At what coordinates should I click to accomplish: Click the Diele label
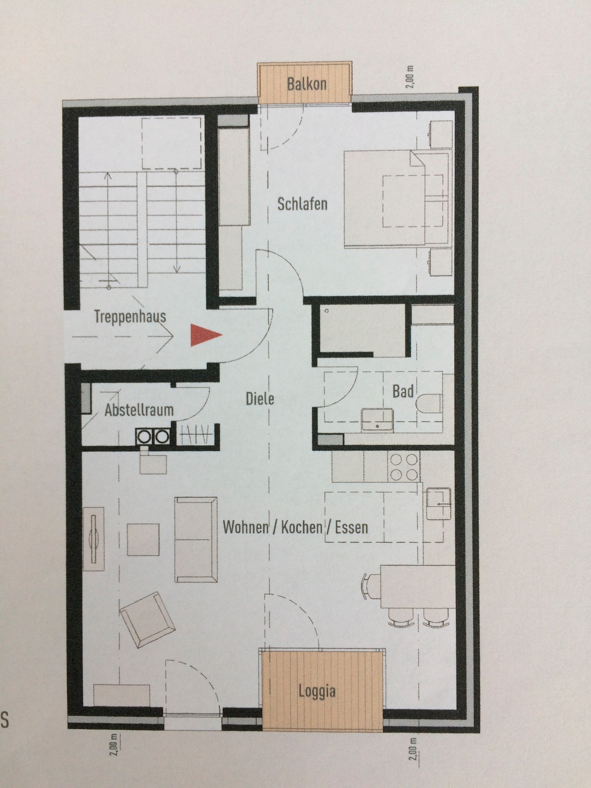click(260, 399)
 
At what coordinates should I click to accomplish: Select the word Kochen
click(302, 527)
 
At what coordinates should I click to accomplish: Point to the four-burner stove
click(404, 467)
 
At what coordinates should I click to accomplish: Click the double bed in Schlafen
click(397, 199)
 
